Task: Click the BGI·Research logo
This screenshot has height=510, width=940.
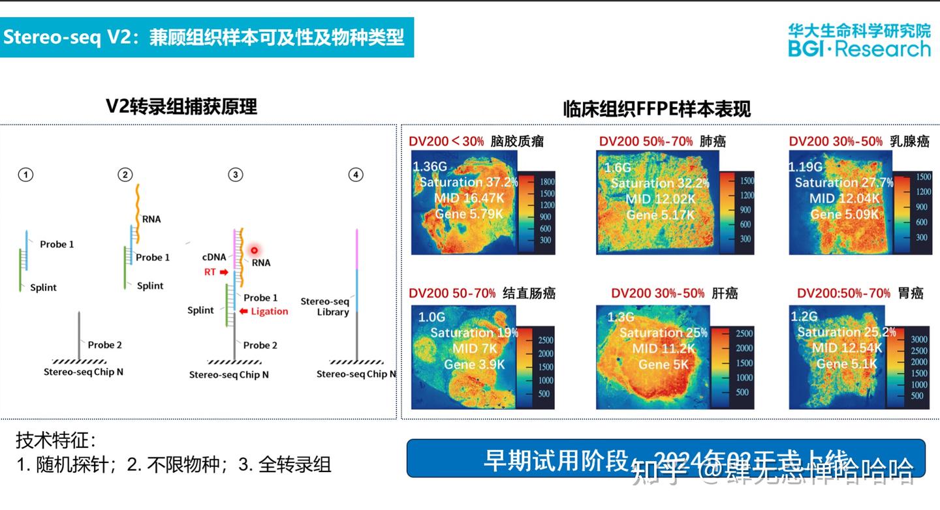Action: (859, 40)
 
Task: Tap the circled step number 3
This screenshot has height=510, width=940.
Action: (235, 175)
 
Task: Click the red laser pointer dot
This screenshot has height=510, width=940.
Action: (255, 250)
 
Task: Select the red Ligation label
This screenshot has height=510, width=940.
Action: (269, 312)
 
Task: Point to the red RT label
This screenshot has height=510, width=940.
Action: (210, 272)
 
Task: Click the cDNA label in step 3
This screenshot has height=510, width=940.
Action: (214, 257)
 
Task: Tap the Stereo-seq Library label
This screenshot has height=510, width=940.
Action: (325, 307)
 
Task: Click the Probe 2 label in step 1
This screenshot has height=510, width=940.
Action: (104, 345)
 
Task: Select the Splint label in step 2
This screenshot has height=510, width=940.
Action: (150, 286)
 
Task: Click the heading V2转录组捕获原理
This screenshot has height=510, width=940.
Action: (181, 106)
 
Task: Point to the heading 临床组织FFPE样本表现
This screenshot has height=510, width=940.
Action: (657, 109)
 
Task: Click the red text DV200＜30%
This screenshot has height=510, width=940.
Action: (446, 141)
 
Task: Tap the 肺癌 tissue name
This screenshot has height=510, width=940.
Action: (712, 141)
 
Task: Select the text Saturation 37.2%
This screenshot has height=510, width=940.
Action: (468, 182)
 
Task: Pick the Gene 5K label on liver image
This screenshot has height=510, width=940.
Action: (663, 365)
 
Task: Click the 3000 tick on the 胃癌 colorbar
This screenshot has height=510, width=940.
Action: (918, 340)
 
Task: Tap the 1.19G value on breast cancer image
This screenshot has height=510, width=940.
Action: (806, 167)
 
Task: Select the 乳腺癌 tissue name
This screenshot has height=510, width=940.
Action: (910, 141)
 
